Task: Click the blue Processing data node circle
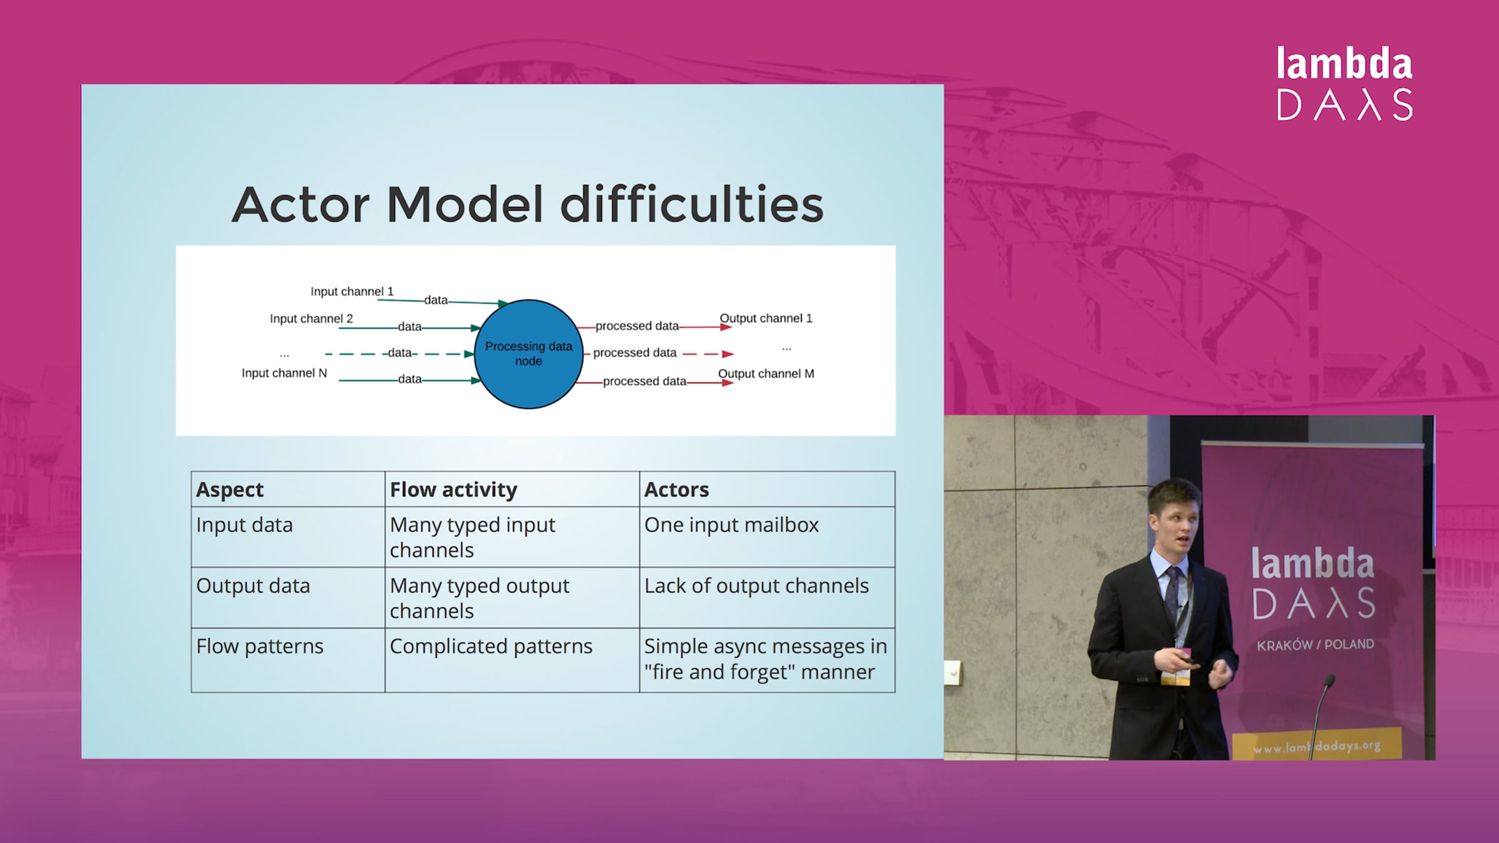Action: pos(528,354)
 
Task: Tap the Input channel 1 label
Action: pos(352,292)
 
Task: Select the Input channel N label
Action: pos(284,373)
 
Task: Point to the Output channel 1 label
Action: pos(766,318)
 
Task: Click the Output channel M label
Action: pos(766,374)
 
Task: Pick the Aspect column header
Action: pos(230,490)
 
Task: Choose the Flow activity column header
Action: pos(453,490)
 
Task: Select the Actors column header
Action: pos(676,490)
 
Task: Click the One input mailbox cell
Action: pos(731,525)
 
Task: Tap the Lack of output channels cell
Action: pos(756,586)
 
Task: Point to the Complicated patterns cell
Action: pos(491,646)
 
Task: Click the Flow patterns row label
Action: pos(260,646)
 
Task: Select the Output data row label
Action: pos(253,586)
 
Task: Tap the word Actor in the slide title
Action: pos(301,205)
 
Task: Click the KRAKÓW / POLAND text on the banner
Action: pos(1315,644)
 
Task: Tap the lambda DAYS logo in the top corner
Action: pos(1345,83)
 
